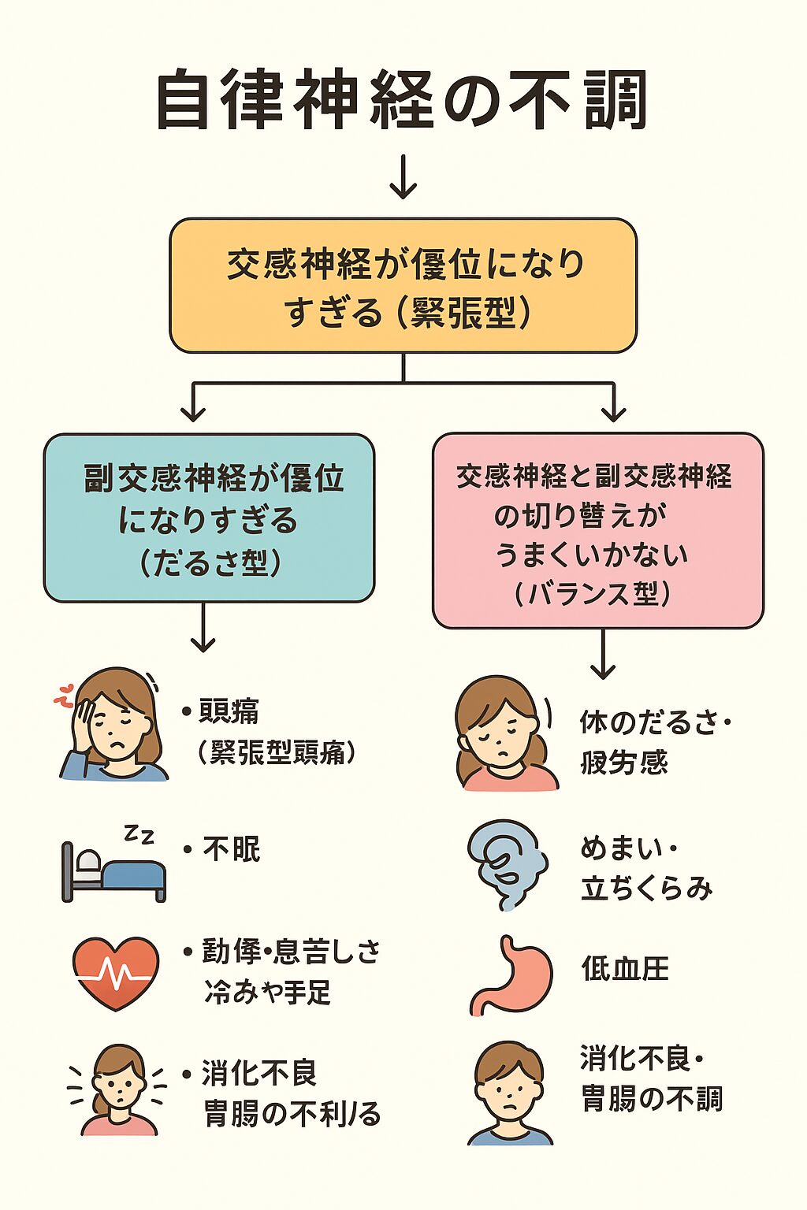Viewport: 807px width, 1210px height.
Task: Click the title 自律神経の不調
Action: (403, 100)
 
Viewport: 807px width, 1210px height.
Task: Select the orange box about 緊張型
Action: (403, 285)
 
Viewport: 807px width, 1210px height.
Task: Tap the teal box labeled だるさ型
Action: (209, 518)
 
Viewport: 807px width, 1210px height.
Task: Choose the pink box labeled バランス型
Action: (597, 530)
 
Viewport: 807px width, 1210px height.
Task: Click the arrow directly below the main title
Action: (403, 176)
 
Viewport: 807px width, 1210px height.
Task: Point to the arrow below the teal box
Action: (203, 628)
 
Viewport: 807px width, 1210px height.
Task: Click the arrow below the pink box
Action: (603, 654)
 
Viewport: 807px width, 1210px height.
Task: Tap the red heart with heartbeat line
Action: (116, 972)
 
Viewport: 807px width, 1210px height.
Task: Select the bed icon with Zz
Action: (114, 870)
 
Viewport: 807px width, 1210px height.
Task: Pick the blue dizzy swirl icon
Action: (507, 864)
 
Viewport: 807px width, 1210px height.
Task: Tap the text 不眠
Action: (231, 849)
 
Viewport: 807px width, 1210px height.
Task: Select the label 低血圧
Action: (625, 968)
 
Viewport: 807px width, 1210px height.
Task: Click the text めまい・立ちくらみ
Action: (645, 868)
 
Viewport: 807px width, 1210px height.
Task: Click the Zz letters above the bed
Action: (139, 834)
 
